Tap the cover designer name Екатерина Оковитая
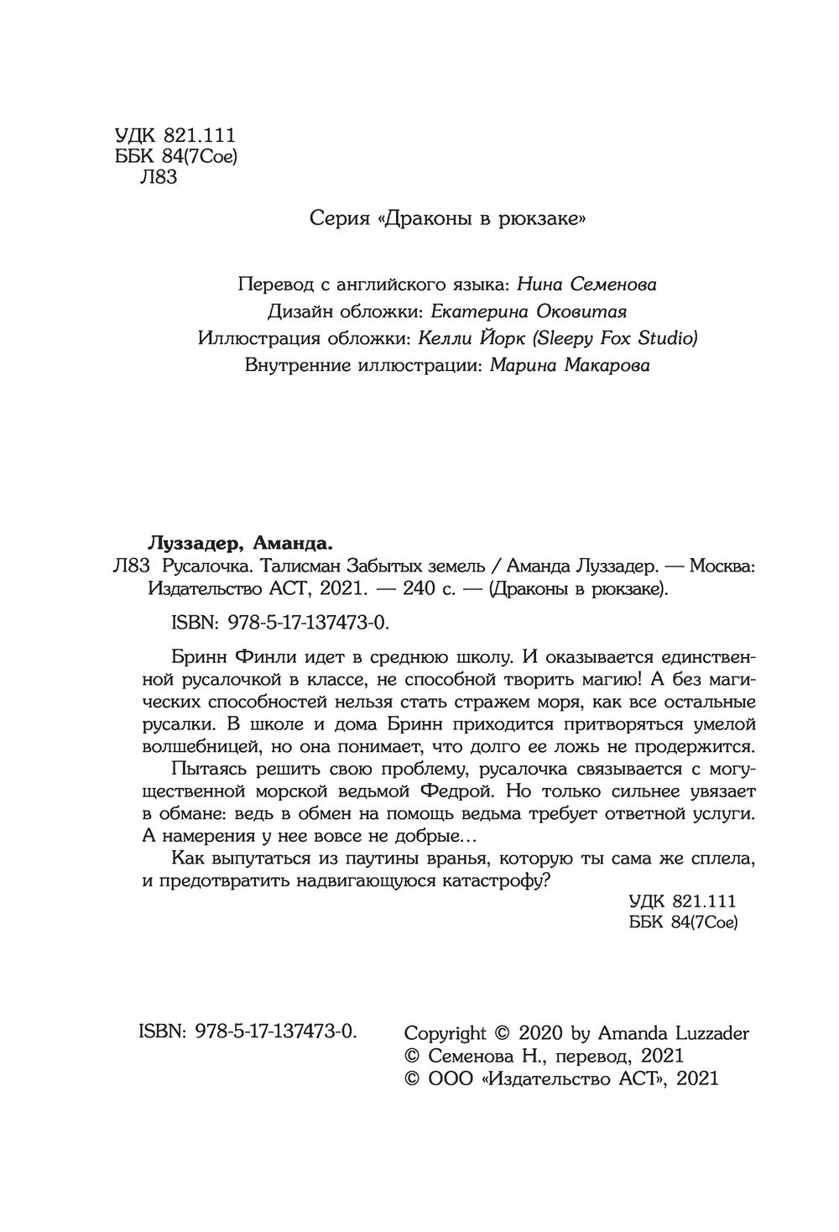pos(529,311)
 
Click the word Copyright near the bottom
pos(445,1032)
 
